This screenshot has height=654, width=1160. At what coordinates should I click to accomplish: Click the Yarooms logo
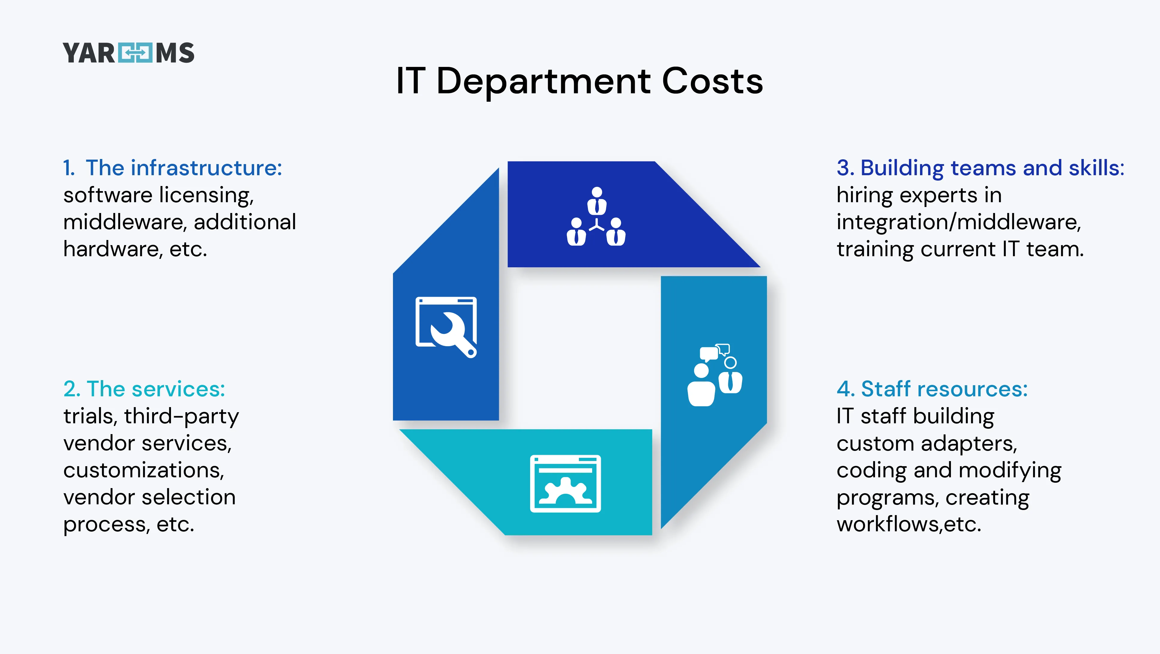pyautogui.click(x=128, y=53)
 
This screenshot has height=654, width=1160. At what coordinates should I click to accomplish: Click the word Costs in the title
pyautogui.click(x=712, y=82)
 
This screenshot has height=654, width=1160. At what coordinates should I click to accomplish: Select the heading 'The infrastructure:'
pyautogui.click(x=184, y=168)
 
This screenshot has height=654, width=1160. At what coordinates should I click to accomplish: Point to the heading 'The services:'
pyautogui.click(x=155, y=389)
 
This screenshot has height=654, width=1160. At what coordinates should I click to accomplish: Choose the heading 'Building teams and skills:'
pyautogui.click(x=992, y=168)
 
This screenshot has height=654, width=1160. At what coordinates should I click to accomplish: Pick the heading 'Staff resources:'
pyautogui.click(x=944, y=389)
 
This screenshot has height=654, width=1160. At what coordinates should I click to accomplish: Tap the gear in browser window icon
pyautogui.click(x=565, y=484)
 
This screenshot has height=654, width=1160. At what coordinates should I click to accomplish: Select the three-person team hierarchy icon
pyautogui.click(x=596, y=217)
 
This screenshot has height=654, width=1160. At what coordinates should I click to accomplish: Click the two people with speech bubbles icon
pyautogui.click(x=715, y=375)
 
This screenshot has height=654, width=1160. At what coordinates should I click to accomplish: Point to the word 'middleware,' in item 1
pyautogui.click(x=125, y=222)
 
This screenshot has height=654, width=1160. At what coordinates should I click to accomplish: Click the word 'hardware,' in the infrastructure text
pyautogui.click(x=112, y=249)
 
